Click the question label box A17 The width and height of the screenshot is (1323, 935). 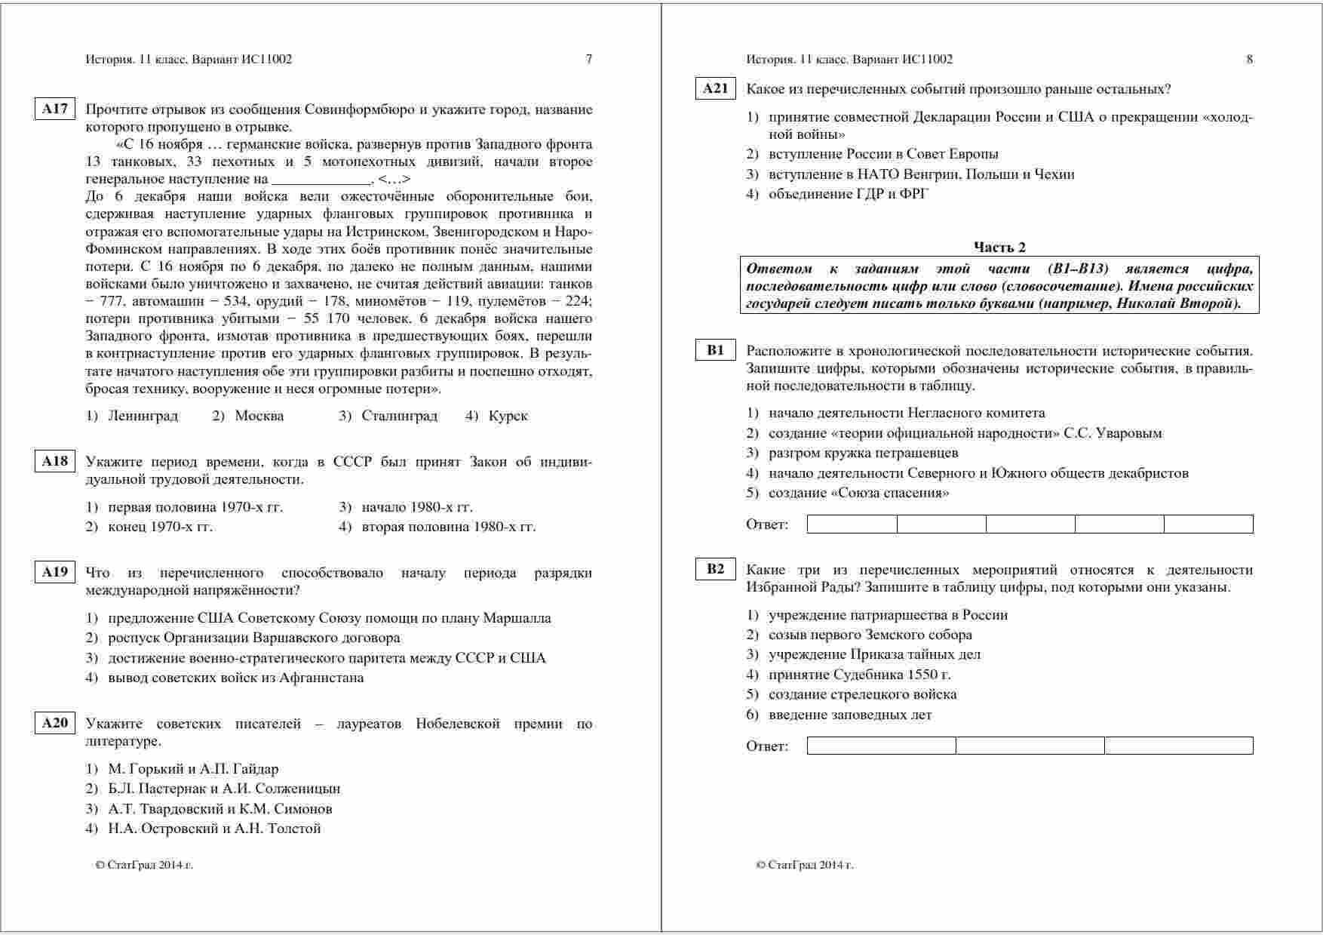pos(55,109)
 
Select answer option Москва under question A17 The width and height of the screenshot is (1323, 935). pos(259,416)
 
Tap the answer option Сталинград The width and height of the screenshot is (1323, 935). pos(399,416)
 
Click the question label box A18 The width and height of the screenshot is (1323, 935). pos(55,461)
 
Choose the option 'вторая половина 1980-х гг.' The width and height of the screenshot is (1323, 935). pos(448,527)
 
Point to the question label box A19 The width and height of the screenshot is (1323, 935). pos(55,572)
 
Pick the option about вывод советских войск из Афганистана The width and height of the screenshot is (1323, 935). pos(235,678)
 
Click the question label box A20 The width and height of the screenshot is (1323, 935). pos(55,723)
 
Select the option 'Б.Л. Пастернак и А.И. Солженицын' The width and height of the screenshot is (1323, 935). pos(224,789)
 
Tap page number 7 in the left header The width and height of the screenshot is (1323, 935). pos(589,60)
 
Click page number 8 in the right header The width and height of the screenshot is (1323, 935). pos(1250,60)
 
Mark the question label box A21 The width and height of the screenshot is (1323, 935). pos(715,89)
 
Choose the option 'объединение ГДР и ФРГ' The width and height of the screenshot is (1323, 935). pos(849,194)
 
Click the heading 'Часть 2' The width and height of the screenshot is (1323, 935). pos(999,247)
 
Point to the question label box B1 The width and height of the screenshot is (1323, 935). pos(715,350)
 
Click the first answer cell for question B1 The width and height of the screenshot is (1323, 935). pos(852,524)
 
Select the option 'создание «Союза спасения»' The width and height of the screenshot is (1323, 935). pos(858,493)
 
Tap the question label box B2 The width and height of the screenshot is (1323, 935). pos(715,570)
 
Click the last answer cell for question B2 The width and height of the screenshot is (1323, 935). pos(1178,746)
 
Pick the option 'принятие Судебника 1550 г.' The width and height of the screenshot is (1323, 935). pos(859,675)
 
